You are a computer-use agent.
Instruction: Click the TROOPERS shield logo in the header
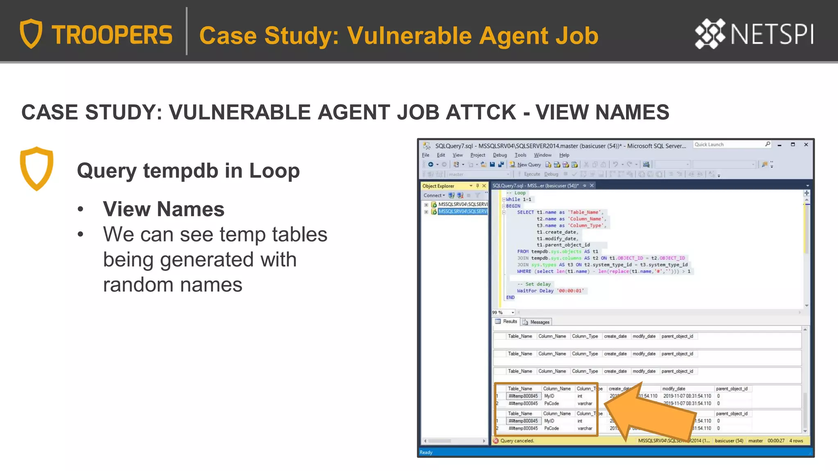point(31,34)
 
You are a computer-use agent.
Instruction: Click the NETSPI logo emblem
point(710,34)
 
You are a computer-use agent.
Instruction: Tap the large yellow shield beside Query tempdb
point(36,168)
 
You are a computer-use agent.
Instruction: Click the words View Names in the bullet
point(164,209)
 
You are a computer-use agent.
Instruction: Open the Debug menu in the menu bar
point(500,155)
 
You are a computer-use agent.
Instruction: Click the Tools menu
point(520,155)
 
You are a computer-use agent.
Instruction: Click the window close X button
point(806,145)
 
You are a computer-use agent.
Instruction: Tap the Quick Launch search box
point(728,145)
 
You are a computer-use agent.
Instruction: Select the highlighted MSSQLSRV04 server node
point(462,211)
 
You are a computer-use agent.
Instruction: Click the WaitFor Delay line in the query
point(550,291)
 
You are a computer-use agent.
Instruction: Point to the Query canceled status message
point(517,441)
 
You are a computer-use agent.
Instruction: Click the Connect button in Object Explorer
point(434,195)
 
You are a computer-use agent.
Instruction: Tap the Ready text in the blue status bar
point(426,452)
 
